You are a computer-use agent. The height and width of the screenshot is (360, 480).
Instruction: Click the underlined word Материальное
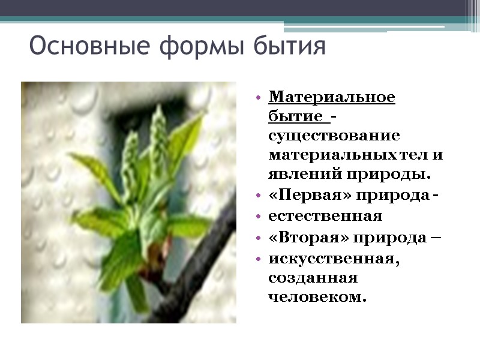point(332,97)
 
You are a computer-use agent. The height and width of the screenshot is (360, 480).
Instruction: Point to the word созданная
point(313,278)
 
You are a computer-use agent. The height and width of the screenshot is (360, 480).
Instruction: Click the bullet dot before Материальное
point(258,97)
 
